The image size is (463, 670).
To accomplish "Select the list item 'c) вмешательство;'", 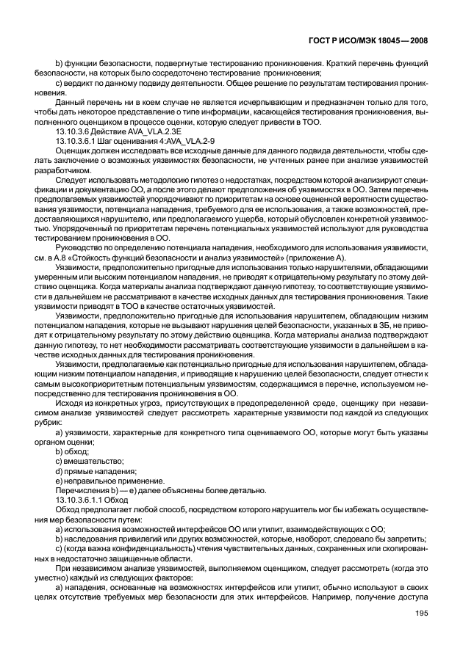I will pyautogui.click(x=89, y=462).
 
